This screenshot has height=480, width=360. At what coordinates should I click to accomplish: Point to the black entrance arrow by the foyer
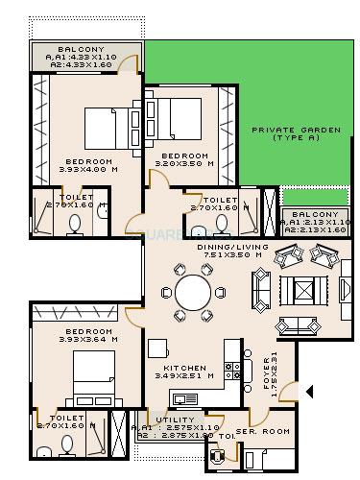[308, 391]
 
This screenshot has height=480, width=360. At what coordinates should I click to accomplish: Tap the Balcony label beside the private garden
[315, 213]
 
